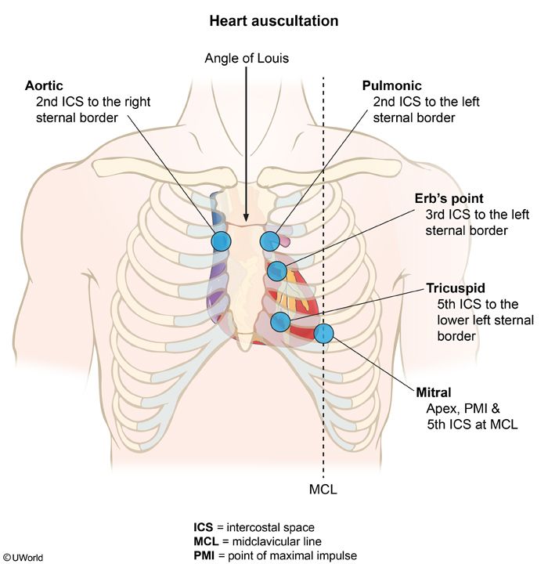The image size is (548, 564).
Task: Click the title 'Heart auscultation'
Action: click(x=273, y=21)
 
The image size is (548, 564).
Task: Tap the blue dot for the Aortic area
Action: click(x=222, y=240)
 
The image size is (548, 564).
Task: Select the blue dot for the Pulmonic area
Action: click(x=270, y=240)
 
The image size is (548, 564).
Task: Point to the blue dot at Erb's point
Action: click(x=277, y=271)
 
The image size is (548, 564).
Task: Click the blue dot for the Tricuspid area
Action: click(x=280, y=321)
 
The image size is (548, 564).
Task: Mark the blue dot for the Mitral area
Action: click(x=324, y=334)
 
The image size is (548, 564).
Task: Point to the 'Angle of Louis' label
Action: click(x=247, y=58)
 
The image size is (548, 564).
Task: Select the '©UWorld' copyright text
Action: click(x=23, y=557)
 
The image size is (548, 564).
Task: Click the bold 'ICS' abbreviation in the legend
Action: click(x=204, y=526)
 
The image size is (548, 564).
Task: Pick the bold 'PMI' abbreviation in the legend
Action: click(x=205, y=555)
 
